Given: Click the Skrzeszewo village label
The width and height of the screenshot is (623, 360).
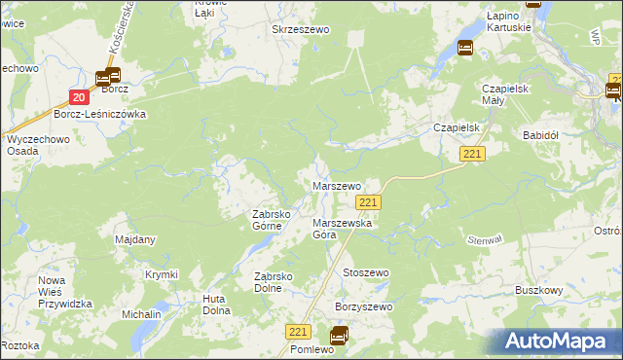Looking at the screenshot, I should tap(301, 30).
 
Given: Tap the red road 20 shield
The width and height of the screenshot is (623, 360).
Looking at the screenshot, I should tap(79, 96).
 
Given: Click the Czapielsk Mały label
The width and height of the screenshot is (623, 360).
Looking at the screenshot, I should tap(505, 94).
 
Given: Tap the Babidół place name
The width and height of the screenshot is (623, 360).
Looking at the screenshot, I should tap(544, 134).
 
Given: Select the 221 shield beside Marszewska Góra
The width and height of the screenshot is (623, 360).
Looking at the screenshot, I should tap(367, 201).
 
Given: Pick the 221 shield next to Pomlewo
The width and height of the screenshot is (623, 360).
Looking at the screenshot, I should tap(299, 332).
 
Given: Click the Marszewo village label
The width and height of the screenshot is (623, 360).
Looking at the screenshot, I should tap(336, 185).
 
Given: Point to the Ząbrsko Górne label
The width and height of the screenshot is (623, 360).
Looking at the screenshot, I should tap(267, 220).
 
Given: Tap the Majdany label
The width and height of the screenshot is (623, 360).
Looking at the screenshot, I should tap(135, 239).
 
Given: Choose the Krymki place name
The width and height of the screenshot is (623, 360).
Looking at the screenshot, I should tap(161, 274).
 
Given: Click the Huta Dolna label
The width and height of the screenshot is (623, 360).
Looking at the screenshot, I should tap(216, 305).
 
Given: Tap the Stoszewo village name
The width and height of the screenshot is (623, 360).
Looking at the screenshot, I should tap(365, 273).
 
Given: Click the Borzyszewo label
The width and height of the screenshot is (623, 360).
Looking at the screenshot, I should tap(363, 307).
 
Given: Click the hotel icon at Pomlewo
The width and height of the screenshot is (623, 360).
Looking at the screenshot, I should tap(338, 337).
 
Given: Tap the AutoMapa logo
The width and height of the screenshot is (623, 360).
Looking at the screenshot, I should tap(559, 342).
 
